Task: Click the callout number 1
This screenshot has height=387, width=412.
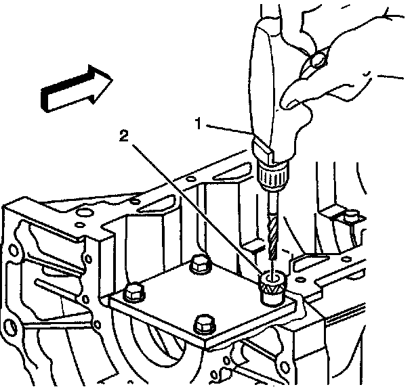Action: [199, 124]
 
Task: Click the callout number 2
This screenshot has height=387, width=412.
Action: [123, 135]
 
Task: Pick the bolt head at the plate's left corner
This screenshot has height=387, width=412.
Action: [132, 294]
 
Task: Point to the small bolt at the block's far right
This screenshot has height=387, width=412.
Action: [351, 217]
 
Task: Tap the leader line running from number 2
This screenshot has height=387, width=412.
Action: [197, 209]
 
